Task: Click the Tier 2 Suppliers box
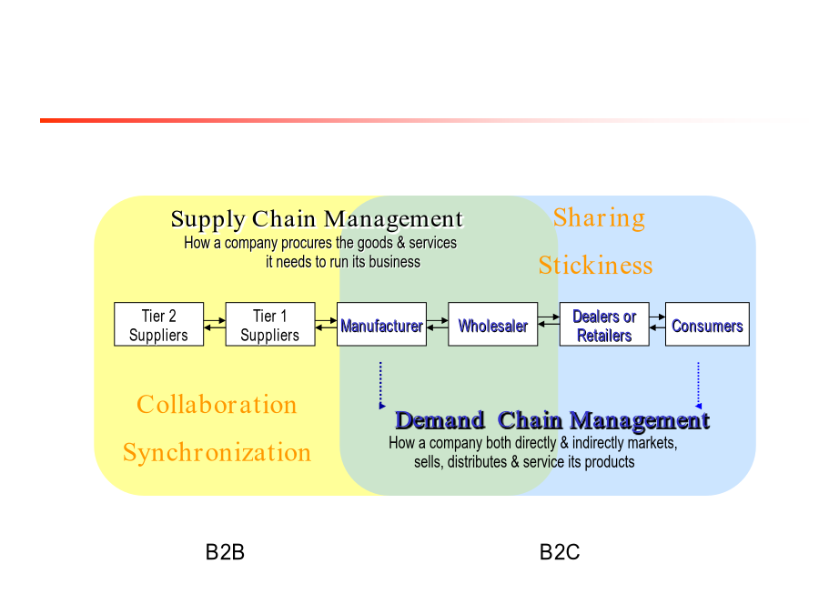(x=158, y=324)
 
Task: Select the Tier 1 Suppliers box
(x=270, y=324)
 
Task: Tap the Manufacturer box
(x=382, y=324)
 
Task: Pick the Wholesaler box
(x=493, y=324)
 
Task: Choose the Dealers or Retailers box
(x=604, y=324)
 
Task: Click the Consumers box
(x=707, y=324)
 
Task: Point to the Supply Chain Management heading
(x=317, y=219)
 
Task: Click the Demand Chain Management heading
(x=552, y=421)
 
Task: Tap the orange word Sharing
(x=599, y=218)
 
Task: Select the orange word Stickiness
(x=595, y=266)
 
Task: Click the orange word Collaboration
(x=217, y=405)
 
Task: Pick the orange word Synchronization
(x=217, y=453)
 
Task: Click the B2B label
(x=225, y=552)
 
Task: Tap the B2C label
(x=560, y=552)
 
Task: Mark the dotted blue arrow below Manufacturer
(x=380, y=386)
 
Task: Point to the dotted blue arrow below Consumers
(x=698, y=386)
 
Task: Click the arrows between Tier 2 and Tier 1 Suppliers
(x=215, y=324)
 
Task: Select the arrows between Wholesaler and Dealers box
(x=549, y=320)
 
